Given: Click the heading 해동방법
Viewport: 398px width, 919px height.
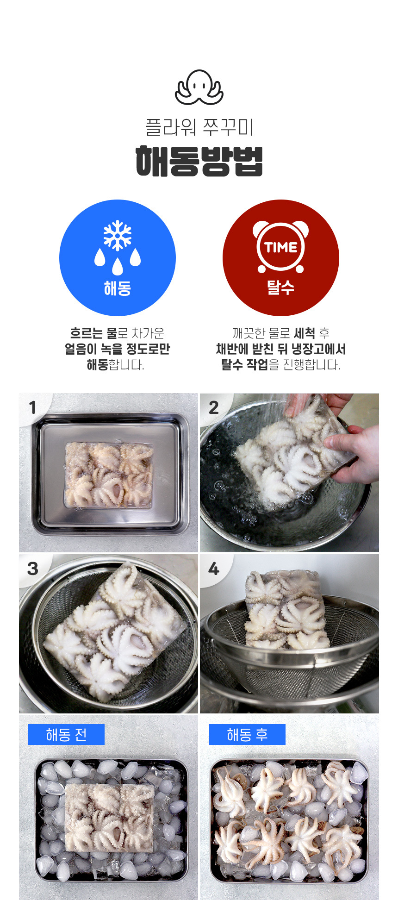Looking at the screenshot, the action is point(199,161).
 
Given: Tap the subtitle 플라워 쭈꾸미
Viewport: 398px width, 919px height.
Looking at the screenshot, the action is point(199,127).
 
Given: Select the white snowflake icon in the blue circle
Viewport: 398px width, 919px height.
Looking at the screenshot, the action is point(118,235).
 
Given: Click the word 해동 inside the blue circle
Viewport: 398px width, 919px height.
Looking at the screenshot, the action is point(118,288).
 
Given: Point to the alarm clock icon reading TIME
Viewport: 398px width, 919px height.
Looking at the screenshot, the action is point(280,247).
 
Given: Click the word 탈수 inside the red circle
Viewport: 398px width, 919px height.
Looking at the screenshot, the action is point(280,288).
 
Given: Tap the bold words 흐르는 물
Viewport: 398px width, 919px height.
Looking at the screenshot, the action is point(93,333).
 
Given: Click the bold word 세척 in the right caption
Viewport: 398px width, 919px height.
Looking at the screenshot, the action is point(305,333).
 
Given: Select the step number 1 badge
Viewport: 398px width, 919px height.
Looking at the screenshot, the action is point(32,407).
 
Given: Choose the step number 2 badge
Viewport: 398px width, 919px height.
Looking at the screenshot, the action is point(213,407).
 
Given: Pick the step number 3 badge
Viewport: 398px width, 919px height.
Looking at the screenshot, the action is point(32,569).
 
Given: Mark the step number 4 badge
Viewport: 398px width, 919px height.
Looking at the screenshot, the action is point(213,569).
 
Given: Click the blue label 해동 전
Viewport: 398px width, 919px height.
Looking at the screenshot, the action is point(66,734).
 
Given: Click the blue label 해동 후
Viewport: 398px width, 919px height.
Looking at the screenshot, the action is point(247,734).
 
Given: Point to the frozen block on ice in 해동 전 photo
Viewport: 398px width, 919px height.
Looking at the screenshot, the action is point(110,818).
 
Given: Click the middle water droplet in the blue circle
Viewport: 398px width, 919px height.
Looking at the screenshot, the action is point(118,266).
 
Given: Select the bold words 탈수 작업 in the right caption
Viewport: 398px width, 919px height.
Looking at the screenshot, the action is point(244,364).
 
